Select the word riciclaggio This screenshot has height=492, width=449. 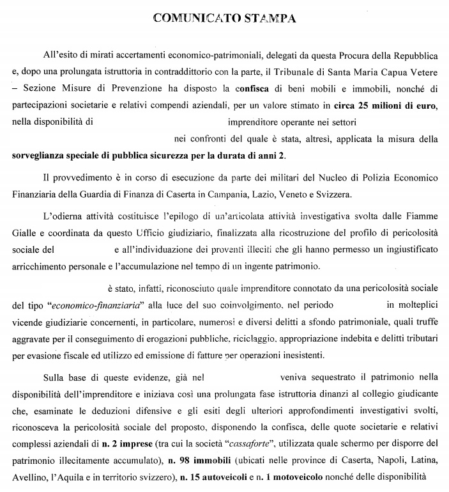(x=255, y=336)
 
